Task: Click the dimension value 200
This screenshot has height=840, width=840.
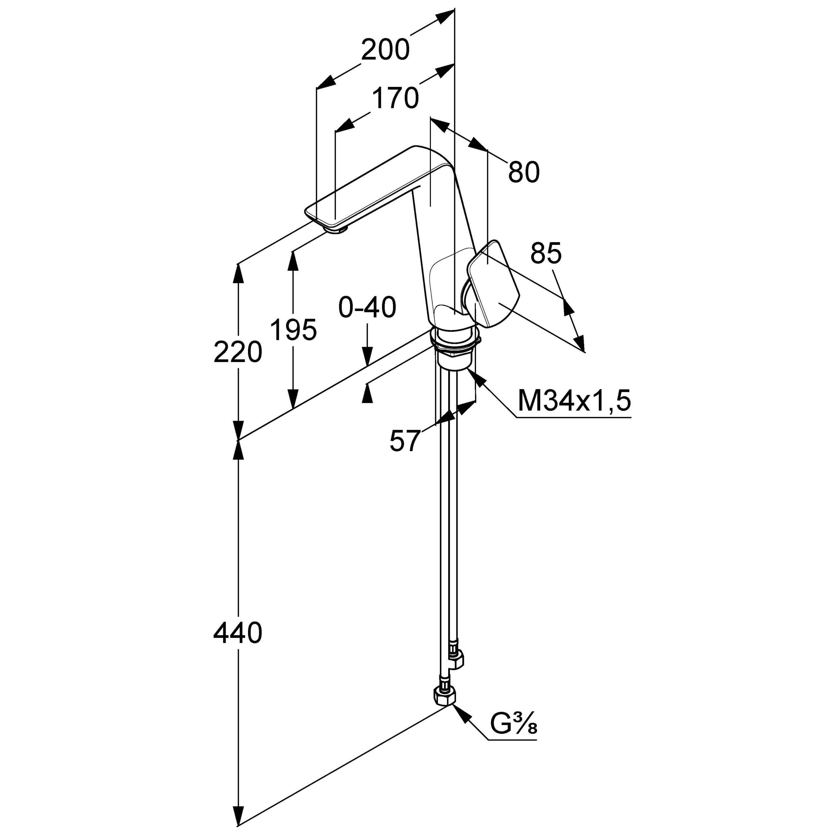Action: [x=385, y=50]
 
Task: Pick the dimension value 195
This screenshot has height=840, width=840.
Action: [x=293, y=329]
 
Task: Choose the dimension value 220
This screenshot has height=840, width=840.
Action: [x=238, y=352]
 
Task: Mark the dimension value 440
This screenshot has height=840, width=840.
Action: [x=238, y=633]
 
